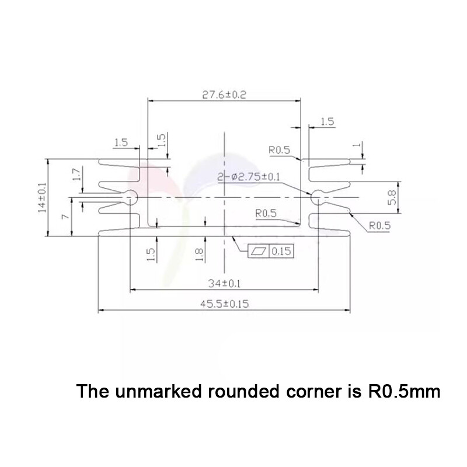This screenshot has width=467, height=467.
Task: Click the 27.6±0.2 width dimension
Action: (x=224, y=95)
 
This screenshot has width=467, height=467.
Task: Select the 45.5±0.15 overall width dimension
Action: (x=225, y=304)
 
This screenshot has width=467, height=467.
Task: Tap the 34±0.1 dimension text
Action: (x=225, y=284)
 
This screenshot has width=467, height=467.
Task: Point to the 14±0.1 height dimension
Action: (x=43, y=198)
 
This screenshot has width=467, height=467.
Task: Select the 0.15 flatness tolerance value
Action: (x=281, y=252)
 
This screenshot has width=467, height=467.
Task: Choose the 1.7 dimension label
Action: (x=76, y=175)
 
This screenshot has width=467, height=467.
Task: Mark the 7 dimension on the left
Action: (x=65, y=217)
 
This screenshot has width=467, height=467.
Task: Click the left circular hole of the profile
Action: (x=131, y=196)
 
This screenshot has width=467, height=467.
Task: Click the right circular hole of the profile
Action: (x=318, y=196)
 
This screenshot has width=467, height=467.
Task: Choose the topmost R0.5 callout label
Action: (x=280, y=150)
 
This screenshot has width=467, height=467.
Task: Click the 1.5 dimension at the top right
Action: (x=327, y=122)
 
